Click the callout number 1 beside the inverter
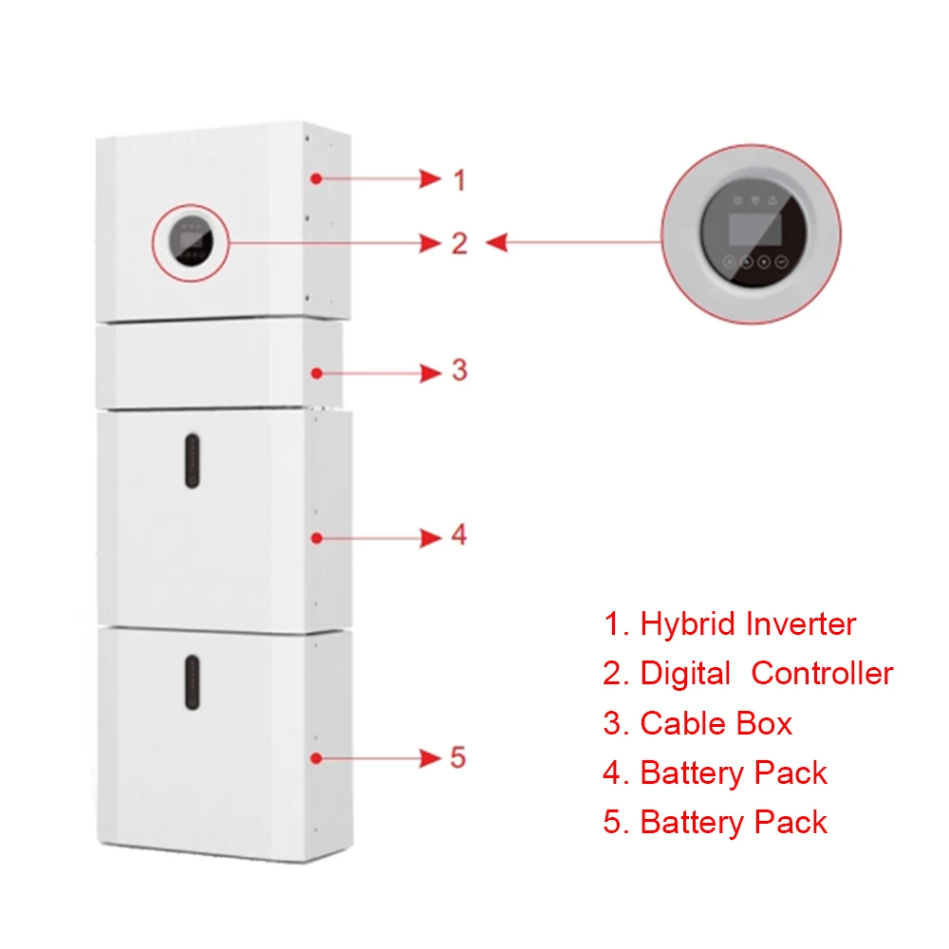click(x=459, y=179)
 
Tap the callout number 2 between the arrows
click(x=459, y=243)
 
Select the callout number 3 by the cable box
click(x=459, y=370)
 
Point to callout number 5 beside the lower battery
click(x=458, y=757)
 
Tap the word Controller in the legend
click(x=822, y=674)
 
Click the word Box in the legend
click(x=764, y=723)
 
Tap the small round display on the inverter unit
click(x=190, y=241)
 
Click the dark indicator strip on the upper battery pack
click(x=192, y=460)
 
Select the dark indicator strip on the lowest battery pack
click(x=192, y=682)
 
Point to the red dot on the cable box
click(x=316, y=373)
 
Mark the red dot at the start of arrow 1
click(x=316, y=178)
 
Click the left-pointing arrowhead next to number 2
click(x=496, y=243)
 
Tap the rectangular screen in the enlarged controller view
click(x=754, y=229)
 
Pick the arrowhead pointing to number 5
click(x=430, y=757)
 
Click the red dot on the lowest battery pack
click(x=316, y=758)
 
